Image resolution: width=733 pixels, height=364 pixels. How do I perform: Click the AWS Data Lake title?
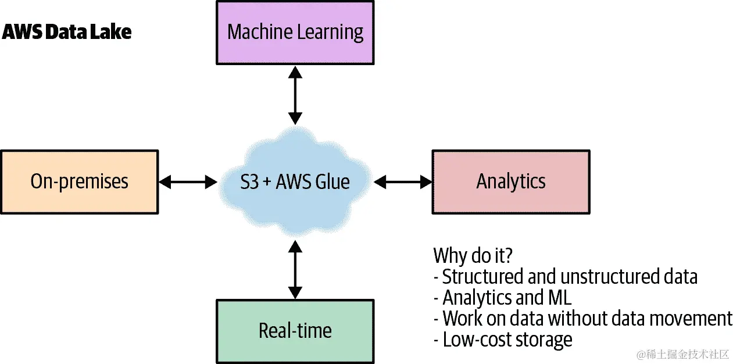coord(67,32)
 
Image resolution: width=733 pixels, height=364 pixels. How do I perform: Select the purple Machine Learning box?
coord(295,33)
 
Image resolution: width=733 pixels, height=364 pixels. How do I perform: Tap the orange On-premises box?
coord(80,182)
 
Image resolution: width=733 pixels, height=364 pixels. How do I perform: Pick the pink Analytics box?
coord(511,182)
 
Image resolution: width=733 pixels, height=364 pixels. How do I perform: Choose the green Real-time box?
coord(295,331)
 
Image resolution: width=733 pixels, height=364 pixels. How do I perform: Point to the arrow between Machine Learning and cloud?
coord(295,95)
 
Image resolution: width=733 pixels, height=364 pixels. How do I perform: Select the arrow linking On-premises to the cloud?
coord(188,182)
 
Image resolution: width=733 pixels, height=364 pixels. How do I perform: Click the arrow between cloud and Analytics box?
coord(402,182)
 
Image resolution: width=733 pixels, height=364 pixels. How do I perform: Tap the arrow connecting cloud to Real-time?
coord(295,270)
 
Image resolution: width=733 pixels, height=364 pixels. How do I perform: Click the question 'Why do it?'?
coord(473,256)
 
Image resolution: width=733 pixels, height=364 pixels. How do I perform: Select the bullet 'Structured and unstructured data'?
coord(566,277)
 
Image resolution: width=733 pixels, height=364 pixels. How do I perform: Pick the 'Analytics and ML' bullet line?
coord(503,298)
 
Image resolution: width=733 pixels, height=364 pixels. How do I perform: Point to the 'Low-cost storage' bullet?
coord(503,340)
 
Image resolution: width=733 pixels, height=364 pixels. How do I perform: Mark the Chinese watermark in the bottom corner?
coord(682,355)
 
